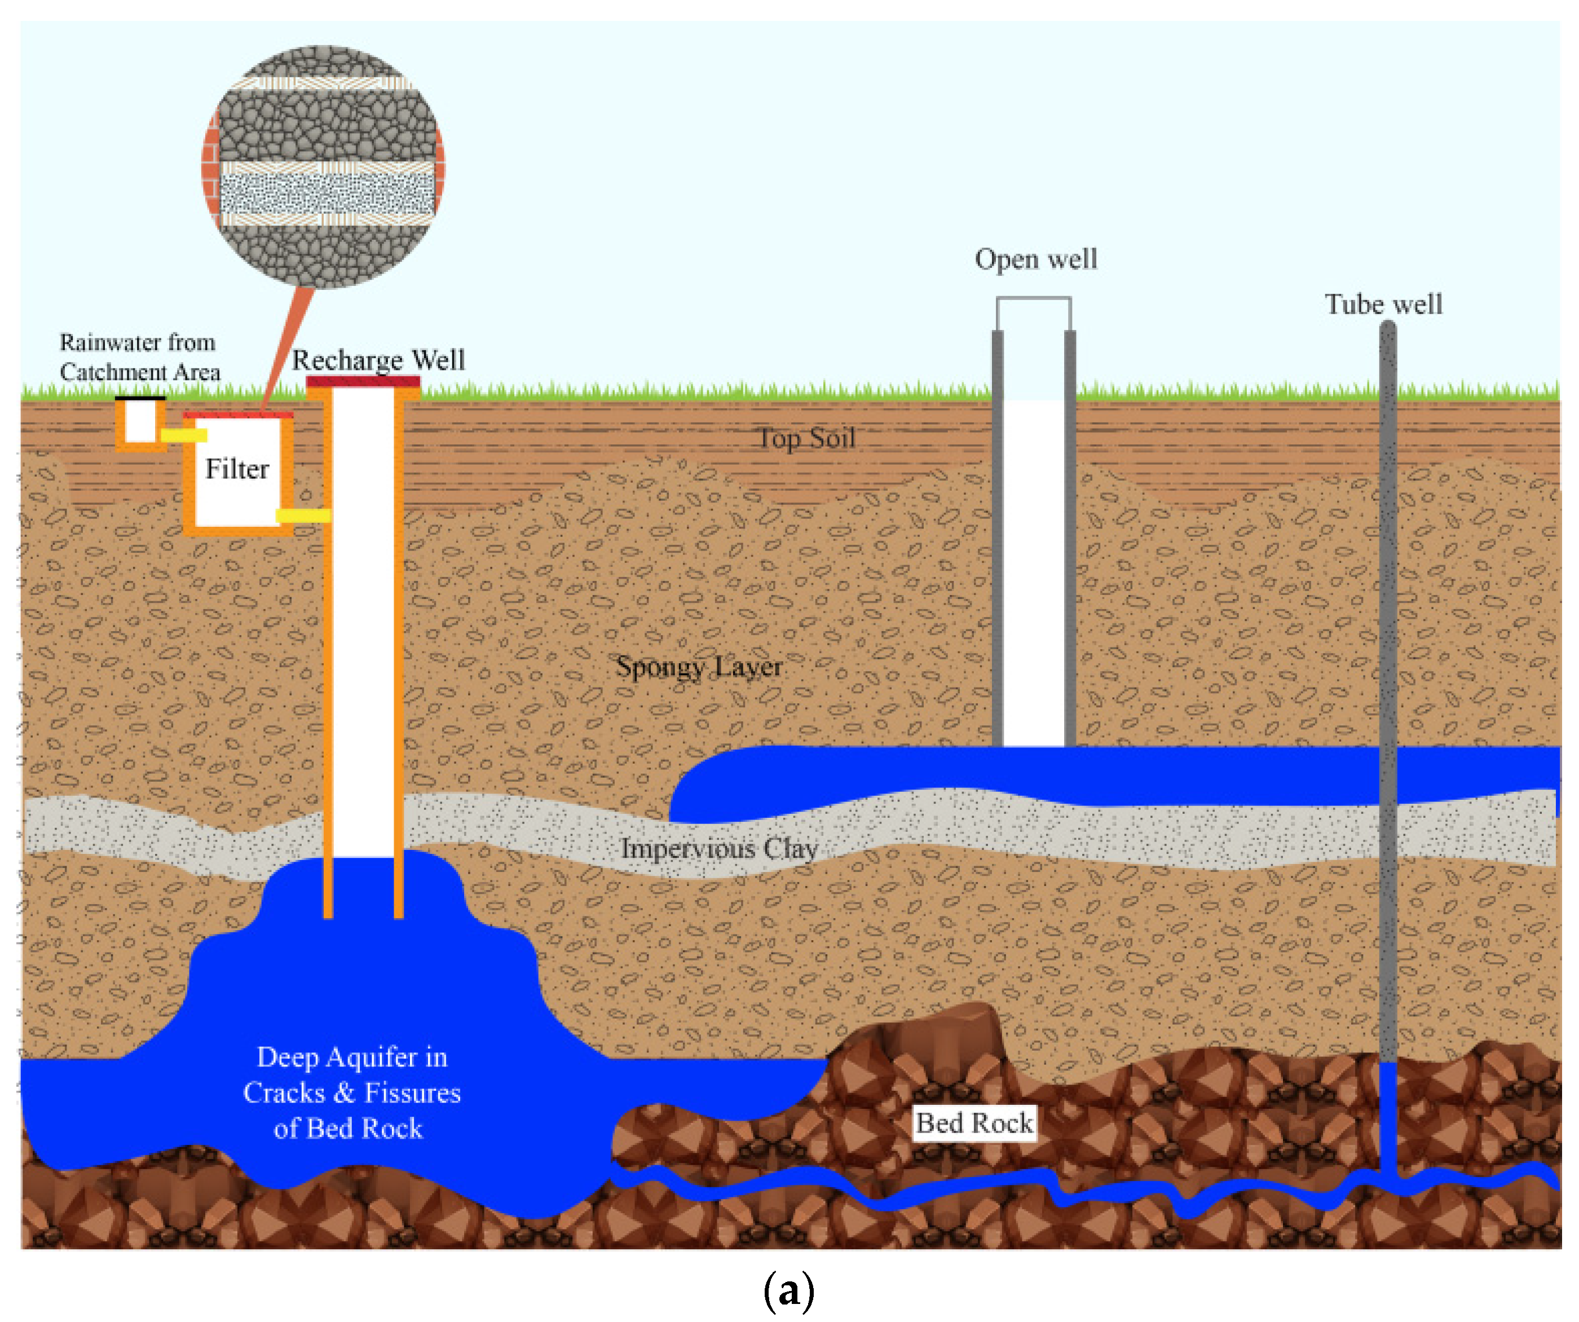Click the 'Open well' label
point(1035,259)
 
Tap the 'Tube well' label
point(1383,305)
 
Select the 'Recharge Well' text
point(378,360)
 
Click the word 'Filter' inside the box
point(237,469)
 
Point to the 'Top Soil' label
point(806,438)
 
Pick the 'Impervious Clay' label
point(719,849)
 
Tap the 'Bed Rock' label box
point(974,1123)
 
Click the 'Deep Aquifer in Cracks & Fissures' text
point(352,1092)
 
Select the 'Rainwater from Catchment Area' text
point(139,357)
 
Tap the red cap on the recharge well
point(363,382)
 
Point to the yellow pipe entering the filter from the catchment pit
point(183,435)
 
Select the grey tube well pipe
point(1388,677)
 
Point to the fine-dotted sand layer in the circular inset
point(327,194)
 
